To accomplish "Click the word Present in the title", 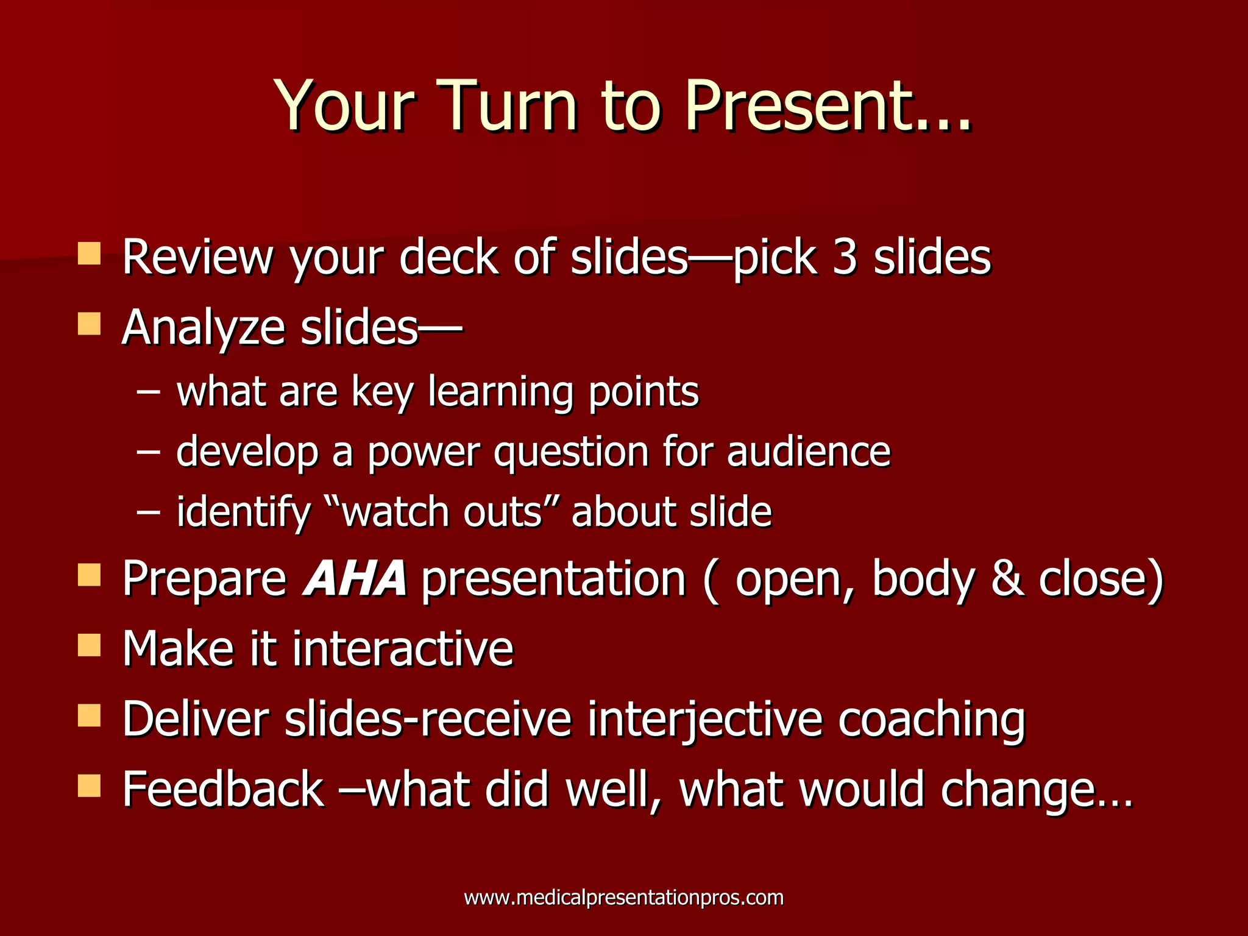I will pos(798,107).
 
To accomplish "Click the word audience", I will pos(809,452).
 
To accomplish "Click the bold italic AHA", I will pos(355,578).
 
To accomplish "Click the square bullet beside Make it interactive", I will pos(89,645).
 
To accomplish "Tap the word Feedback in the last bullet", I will pos(223,790).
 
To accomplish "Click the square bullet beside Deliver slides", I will pos(89,716).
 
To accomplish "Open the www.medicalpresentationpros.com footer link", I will pos(623,898).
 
